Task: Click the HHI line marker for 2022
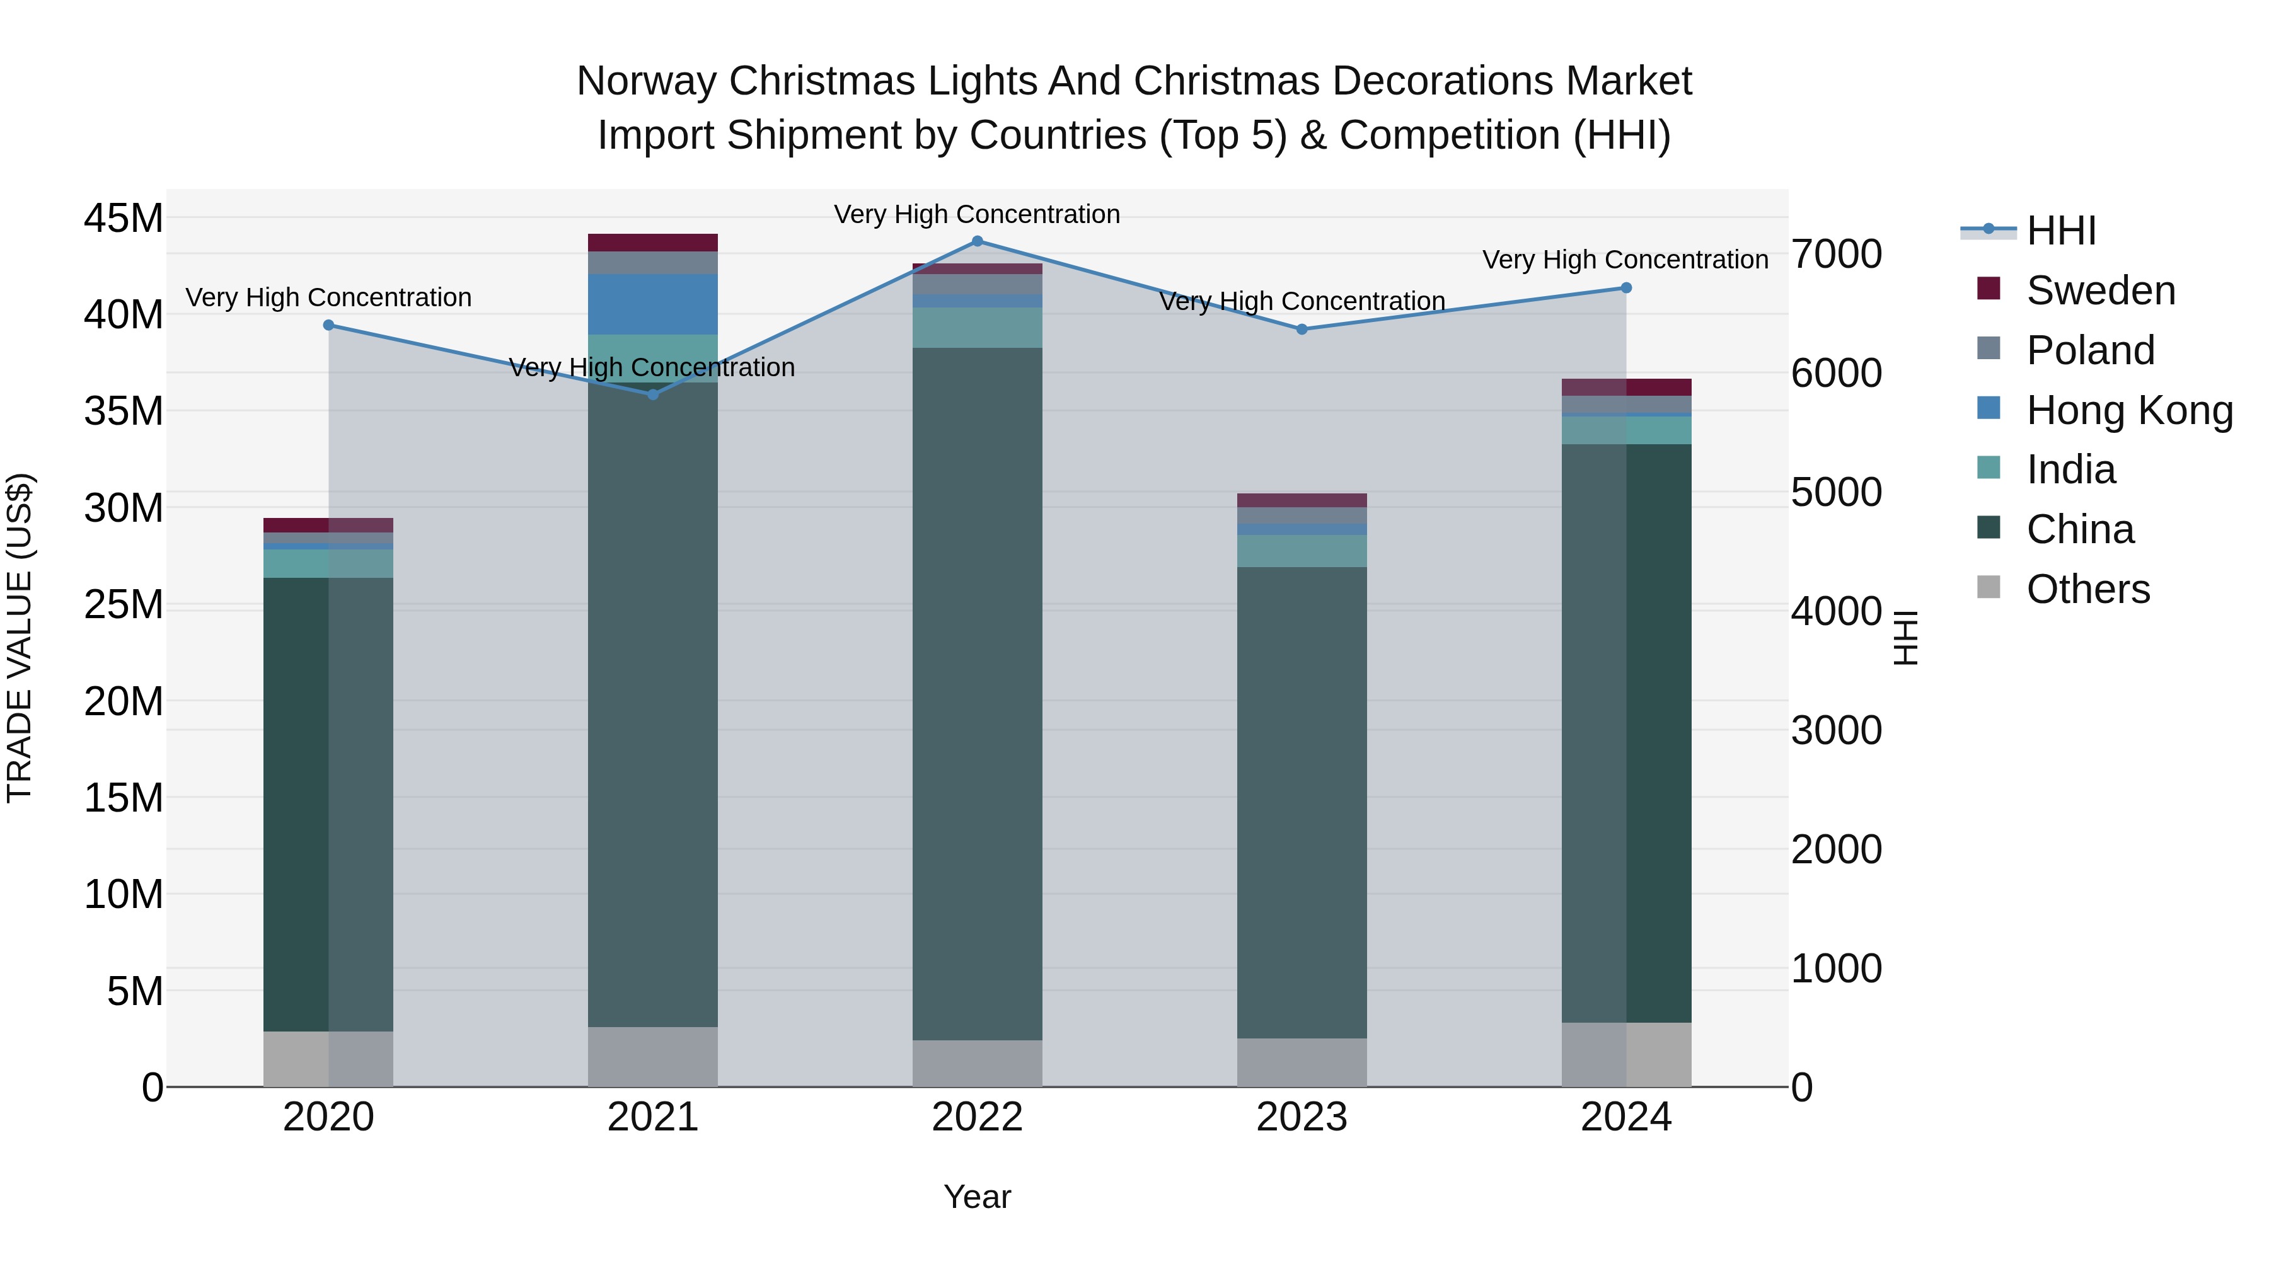[977, 241]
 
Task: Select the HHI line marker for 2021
[653, 394]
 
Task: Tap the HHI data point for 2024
[1626, 288]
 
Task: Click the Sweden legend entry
[2100, 290]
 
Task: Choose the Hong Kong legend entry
[2129, 410]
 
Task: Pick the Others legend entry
[2087, 589]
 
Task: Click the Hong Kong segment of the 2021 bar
[653, 304]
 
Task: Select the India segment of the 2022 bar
[977, 328]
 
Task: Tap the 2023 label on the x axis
[1302, 1117]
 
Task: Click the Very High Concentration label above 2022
[977, 214]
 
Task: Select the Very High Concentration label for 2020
[328, 297]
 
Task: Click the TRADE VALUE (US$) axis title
[20, 638]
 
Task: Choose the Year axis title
[977, 1197]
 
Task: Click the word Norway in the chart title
[647, 81]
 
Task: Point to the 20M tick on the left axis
[124, 702]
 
